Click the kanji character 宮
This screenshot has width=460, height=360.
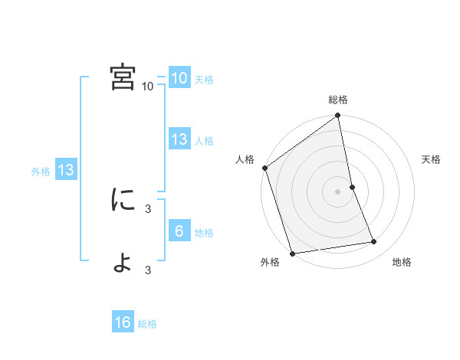click(x=123, y=77)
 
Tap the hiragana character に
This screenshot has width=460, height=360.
click(x=123, y=200)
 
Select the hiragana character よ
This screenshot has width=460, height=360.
click(x=123, y=262)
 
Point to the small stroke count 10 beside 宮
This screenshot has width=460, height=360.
click(x=148, y=87)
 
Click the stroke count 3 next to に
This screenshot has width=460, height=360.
click(x=148, y=208)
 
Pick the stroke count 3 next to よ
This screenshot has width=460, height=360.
click(x=148, y=270)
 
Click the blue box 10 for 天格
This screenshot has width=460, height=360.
click(x=179, y=78)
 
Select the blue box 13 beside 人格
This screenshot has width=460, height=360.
click(x=179, y=139)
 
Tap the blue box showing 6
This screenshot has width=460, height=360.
click(x=179, y=231)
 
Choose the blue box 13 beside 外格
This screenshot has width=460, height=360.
click(x=66, y=170)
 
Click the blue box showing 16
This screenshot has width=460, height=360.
click(x=123, y=322)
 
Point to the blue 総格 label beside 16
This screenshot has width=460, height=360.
click(x=147, y=324)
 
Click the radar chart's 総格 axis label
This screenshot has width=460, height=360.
click(x=338, y=100)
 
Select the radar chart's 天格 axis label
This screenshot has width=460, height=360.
click(x=432, y=159)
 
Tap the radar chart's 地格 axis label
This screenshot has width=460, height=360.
click(x=402, y=263)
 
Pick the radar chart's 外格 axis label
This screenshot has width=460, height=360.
click(x=270, y=263)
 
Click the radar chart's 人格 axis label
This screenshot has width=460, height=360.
click(x=245, y=159)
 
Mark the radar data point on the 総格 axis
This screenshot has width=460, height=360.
click(x=338, y=116)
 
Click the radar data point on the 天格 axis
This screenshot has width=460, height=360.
click(x=352, y=187)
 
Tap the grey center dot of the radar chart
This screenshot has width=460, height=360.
click(x=338, y=191)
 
